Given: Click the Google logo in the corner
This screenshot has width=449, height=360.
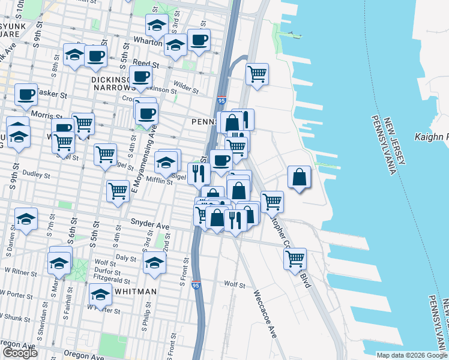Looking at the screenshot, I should coord(20,353).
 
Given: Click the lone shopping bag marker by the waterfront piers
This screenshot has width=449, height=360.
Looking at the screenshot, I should coord(299,178).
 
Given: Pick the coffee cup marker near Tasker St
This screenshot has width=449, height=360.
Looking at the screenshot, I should coord(26,94).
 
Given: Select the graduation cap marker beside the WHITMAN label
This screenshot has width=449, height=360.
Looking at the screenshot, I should coord(100,295).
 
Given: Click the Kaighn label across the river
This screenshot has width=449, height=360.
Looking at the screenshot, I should coord(432,137).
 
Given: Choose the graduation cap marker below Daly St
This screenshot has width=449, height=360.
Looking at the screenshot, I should coord(154,262).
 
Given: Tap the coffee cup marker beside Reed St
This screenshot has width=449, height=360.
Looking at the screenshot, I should coord(95,56).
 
